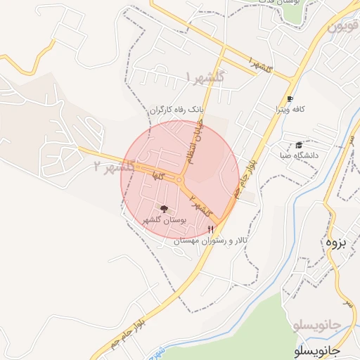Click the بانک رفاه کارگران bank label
(x=160, y=110)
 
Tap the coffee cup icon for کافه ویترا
(x=290, y=99)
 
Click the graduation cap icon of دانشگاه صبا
(x=300, y=144)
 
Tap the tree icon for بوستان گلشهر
(x=165, y=209)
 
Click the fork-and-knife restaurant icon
(x=210, y=230)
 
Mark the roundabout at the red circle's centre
(x=180, y=180)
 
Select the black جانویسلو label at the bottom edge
(x=316, y=349)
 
